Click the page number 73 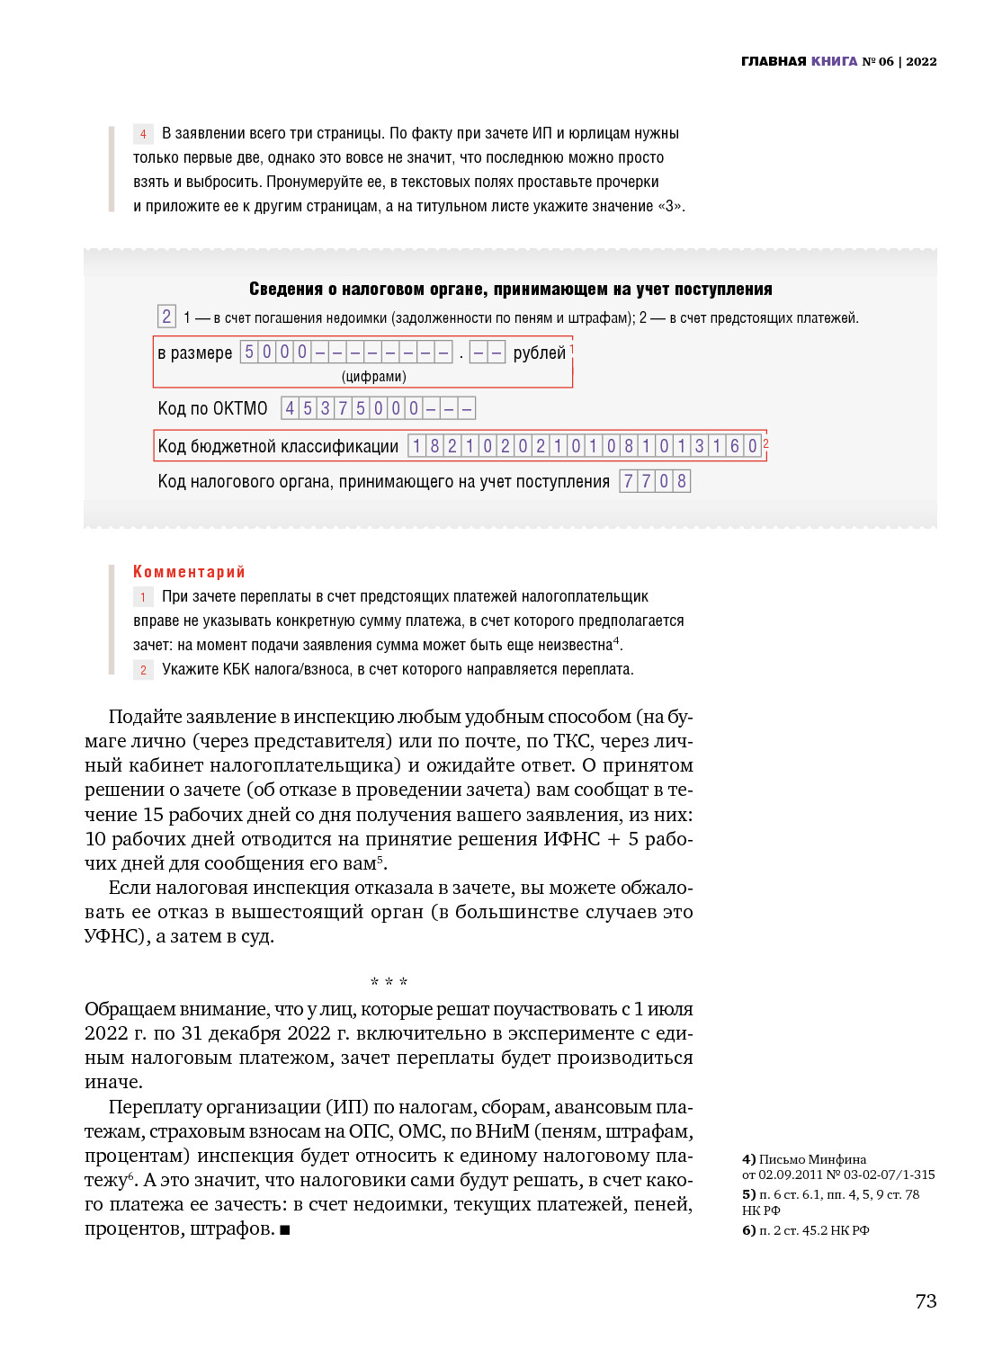926,1300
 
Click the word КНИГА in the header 834,61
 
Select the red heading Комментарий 189,572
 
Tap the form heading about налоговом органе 510,289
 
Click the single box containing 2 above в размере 166,316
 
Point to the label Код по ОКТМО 212,408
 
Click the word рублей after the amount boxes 539,353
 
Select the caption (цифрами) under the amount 373,376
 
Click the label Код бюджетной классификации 278,446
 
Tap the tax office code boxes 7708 655,481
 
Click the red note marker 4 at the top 143,134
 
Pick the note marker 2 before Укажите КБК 143,669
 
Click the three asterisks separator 389,982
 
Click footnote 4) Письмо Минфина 804,1159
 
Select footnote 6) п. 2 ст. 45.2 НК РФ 805,1230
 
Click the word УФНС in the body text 114,936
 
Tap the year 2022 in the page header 921,61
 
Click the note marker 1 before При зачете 143,596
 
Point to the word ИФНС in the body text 571,839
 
